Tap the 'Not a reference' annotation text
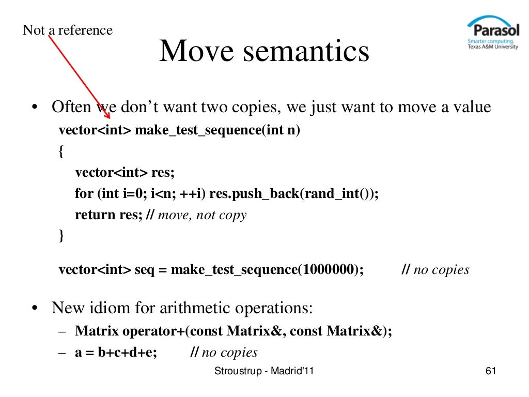[67, 30]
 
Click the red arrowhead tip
[107, 117]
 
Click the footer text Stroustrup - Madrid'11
[267, 372]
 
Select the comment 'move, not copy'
[203, 215]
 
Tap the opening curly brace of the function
[62, 150]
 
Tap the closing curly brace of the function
[62, 236]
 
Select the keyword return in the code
[92, 215]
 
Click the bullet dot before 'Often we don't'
[35, 109]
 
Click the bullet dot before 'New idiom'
[35, 309]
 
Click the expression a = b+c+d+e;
[116, 353]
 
